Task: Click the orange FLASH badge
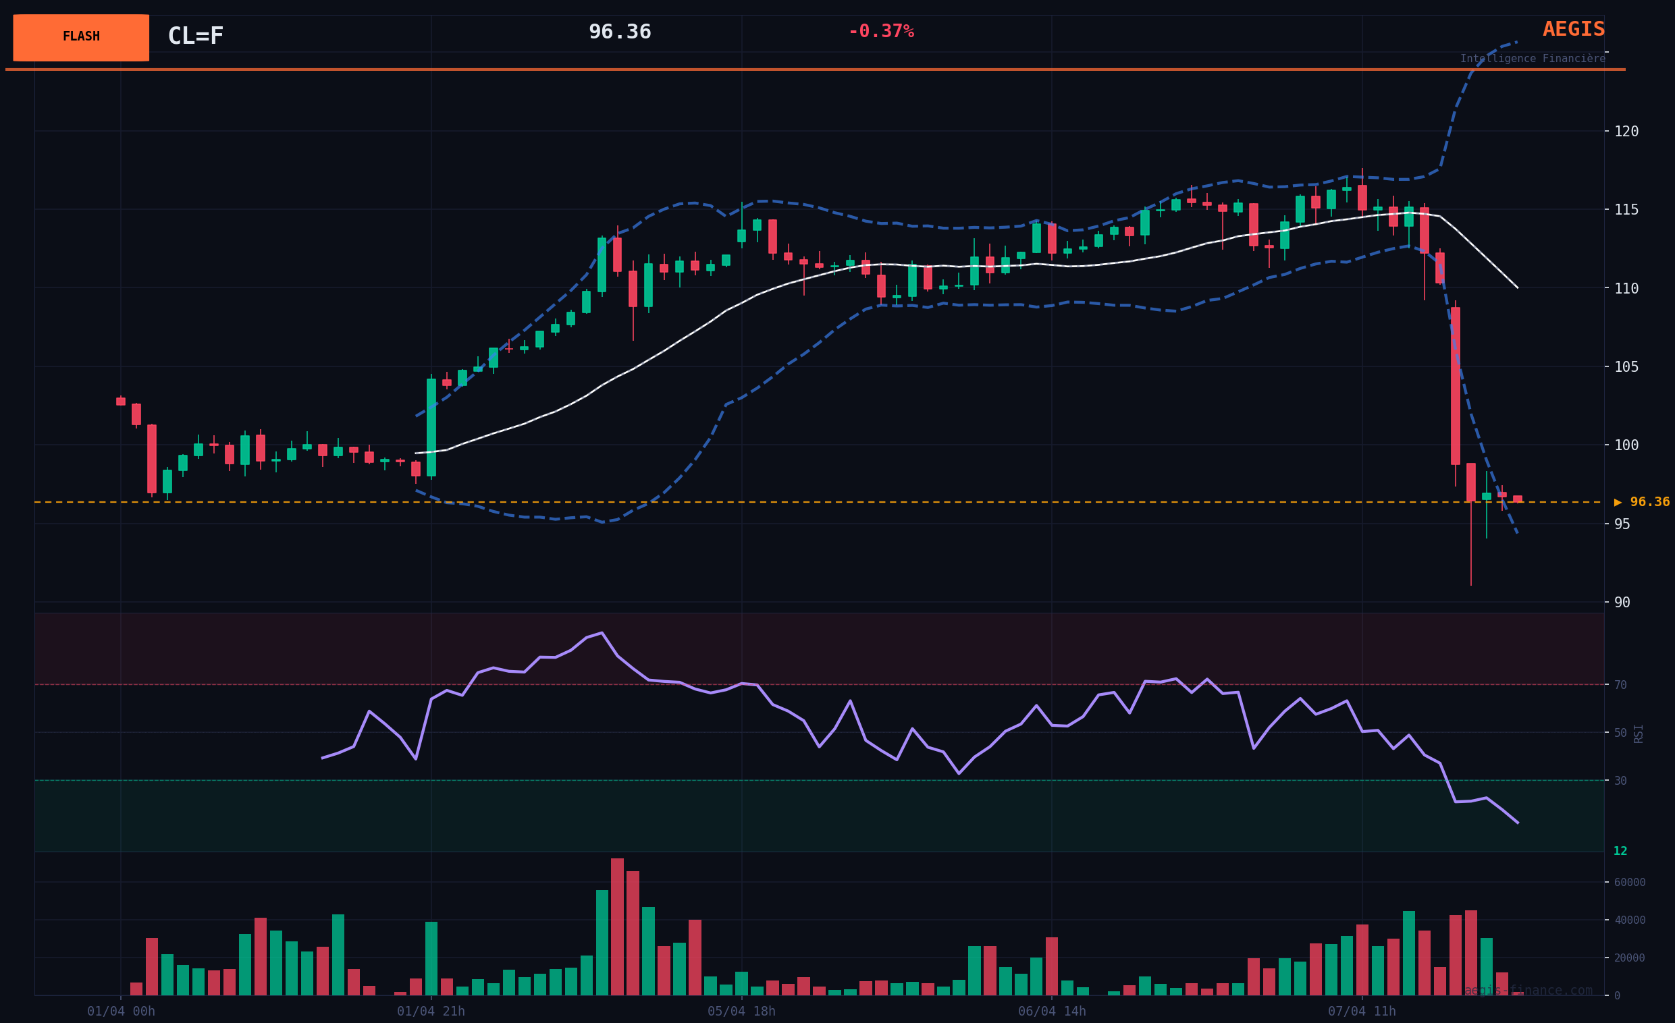point(81,37)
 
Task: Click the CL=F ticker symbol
point(195,36)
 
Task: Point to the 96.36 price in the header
point(619,32)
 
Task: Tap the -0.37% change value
point(880,32)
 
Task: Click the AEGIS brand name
point(1573,29)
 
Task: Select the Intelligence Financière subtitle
point(1533,59)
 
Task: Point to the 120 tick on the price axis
point(1626,131)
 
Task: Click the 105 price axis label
point(1626,367)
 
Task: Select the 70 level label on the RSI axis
point(1620,685)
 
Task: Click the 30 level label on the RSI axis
point(1620,781)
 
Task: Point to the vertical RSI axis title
point(1639,734)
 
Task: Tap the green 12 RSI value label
point(1620,851)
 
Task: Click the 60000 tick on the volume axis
point(1630,883)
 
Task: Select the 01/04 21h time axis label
point(431,1012)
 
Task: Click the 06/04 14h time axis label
point(1052,1012)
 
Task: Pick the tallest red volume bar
point(617,927)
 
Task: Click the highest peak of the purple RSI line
point(602,632)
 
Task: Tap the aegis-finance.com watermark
point(1528,991)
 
